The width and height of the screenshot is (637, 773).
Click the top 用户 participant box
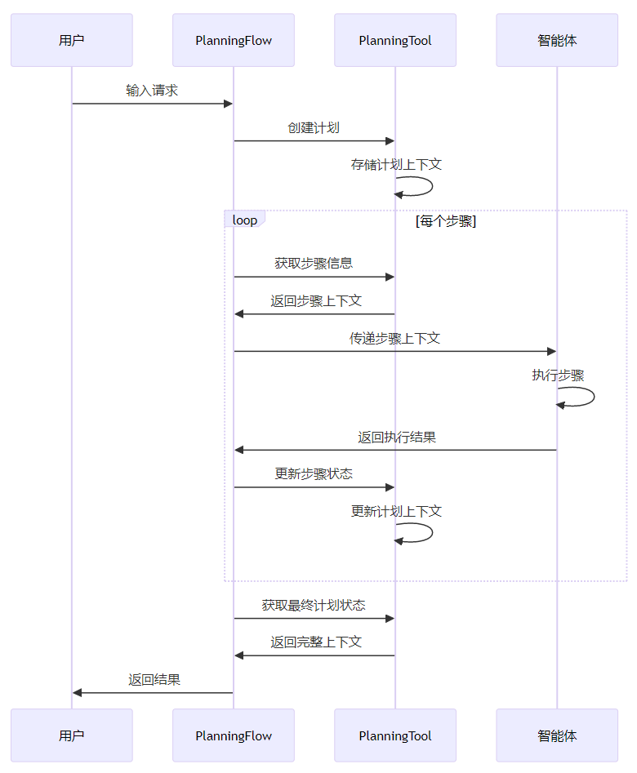72,40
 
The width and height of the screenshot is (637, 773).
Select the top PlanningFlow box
234,40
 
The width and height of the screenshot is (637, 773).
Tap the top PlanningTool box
395,40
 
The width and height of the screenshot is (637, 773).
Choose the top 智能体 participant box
557,40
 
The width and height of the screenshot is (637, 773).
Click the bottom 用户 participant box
72,735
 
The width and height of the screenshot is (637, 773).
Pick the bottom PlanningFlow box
234,735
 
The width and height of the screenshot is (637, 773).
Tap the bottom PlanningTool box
395,735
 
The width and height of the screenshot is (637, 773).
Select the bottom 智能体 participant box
557,735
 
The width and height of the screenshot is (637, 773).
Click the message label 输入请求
152,91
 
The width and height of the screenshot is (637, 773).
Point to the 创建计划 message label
314,128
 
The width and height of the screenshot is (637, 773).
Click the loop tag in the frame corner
244,220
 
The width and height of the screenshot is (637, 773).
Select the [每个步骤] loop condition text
446,221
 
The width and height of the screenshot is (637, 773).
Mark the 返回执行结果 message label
397,438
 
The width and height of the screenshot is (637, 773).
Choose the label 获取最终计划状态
314,606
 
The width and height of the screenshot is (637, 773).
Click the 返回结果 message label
154,679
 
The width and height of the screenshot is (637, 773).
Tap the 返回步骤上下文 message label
317,301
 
